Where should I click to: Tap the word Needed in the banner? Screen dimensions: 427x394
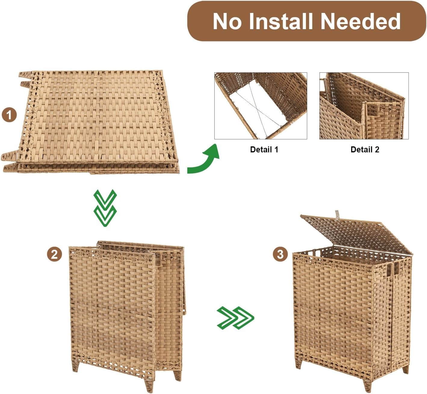360,21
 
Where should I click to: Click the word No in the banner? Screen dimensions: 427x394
227,21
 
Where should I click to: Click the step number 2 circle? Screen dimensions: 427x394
54,254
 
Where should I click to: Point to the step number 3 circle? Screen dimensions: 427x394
280,254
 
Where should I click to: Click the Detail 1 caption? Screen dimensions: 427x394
264,150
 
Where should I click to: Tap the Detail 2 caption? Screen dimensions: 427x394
365,150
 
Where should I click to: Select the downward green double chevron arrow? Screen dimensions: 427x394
105,208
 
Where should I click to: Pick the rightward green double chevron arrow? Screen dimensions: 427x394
235,318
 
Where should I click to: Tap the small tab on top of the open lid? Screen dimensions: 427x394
337,214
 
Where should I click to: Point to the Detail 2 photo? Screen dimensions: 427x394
364,106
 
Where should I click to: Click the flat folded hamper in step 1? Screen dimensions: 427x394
90,122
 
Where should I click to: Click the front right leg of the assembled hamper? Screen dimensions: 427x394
367,385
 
